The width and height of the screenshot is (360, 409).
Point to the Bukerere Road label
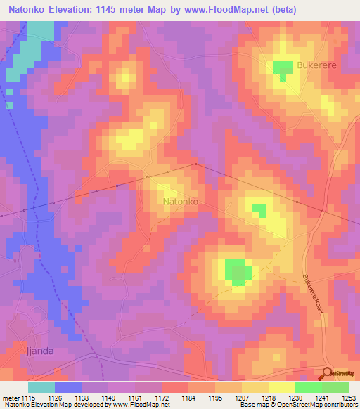pos(313,298)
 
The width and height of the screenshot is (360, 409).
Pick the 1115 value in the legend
pos(28,396)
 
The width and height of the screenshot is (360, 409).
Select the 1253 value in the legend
pos(349,396)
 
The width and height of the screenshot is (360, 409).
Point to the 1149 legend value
pos(108,396)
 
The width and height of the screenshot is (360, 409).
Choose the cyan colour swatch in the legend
pos(41,387)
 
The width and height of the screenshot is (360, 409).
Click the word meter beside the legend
pos(9,396)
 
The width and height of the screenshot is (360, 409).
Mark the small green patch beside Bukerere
pos(283,69)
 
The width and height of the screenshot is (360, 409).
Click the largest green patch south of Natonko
pos(238,271)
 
